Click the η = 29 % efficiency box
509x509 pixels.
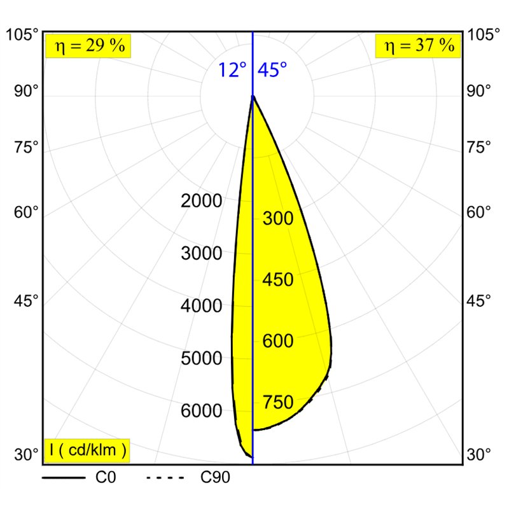pyautogui.click(x=88, y=46)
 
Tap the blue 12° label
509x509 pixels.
pyautogui.click(x=232, y=70)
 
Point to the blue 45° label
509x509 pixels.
pyautogui.click(x=272, y=70)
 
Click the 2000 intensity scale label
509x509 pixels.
pyautogui.click(x=202, y=202)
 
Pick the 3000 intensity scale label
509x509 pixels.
pyautogui.click(x=202, y=254)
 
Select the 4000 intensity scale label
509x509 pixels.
pyautogui.click(x=202, y=306)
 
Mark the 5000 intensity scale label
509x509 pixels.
pyautogui.click(x=202, y=359)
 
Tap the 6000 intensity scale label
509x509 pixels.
pyautogui.click(x=202, y=411)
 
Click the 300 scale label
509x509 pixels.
pyautogui.click(x=278, y=220)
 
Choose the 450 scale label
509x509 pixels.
pyautogui.click(x=278, y=281)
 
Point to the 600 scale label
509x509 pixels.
pyautogui.click(x=278, y=342)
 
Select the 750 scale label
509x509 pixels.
pyautogui.click(x=278, y=403)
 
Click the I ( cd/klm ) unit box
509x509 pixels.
pyautogui.click(x=88, y=450)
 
